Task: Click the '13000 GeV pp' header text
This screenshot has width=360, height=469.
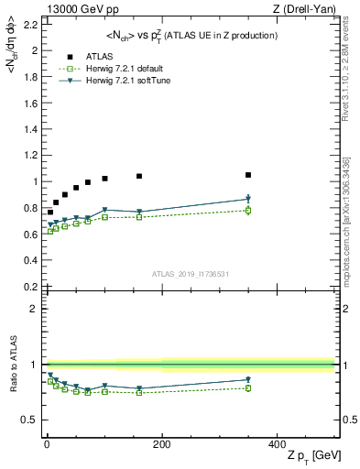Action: tap(76, 9)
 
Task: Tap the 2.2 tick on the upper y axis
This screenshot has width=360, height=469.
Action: tap(32, 24)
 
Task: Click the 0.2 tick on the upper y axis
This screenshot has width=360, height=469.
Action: tap(32, 286)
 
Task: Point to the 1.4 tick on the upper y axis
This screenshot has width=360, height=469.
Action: tap(32, 129)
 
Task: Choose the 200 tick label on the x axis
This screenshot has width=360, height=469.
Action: tap(161, 443)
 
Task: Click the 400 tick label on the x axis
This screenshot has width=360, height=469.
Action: tap(277, 443)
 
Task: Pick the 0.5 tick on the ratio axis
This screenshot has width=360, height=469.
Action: tap(32, 420)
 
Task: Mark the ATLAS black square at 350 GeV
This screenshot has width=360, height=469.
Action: tap(248, 174)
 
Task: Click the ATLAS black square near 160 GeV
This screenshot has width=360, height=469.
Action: tap(139, 176)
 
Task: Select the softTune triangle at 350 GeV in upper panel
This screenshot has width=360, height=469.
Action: tap(248, 199)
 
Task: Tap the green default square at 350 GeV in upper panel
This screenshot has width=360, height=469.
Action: tap(248, 211)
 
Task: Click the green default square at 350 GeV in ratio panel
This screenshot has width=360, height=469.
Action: tap(248, 388)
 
